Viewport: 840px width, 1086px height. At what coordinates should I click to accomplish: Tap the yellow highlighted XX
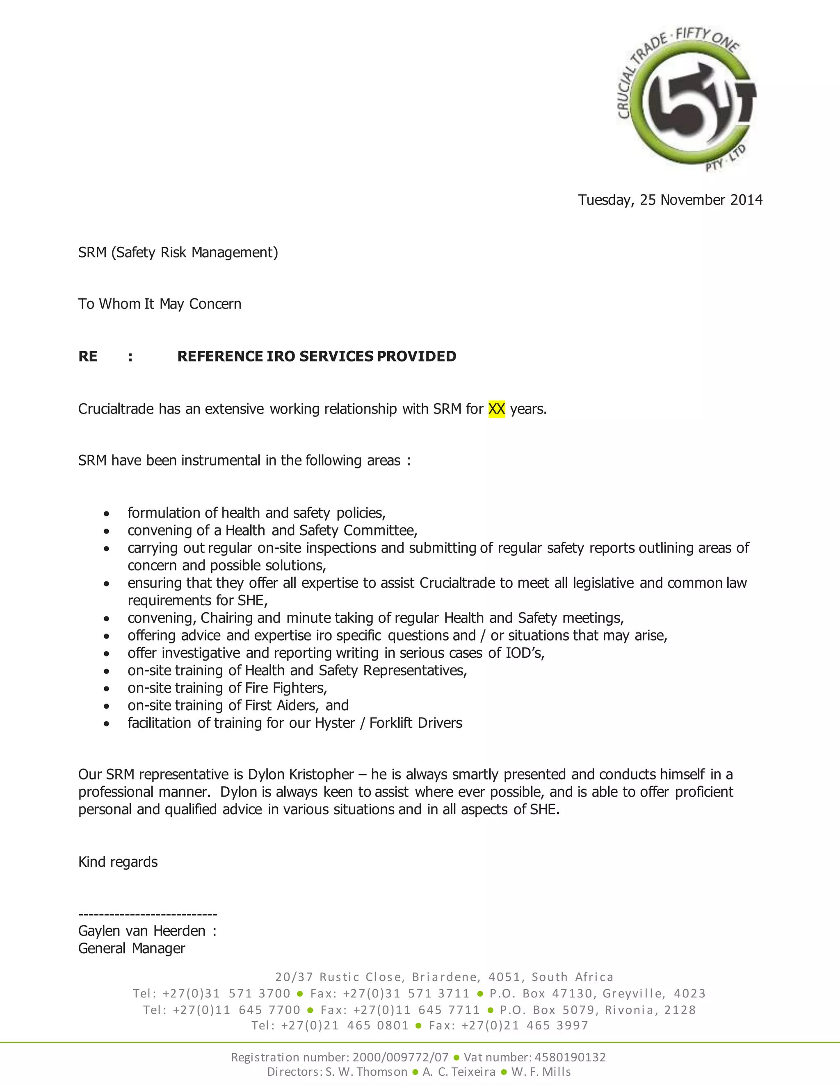pos(496,409)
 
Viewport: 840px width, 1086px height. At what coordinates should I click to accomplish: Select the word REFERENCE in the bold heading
pos(220,356)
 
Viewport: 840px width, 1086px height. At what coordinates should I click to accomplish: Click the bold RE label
pos(88,356)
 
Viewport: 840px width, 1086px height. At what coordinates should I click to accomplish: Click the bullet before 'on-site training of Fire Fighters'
pos(107,689)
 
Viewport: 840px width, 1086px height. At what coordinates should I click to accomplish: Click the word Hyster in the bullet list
pos(334,723)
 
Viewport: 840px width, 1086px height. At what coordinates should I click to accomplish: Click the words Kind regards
pos(118,862)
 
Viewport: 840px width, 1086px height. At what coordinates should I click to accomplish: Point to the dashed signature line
pos(148,914)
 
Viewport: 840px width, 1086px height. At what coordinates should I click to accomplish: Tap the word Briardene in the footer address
pos(446,977)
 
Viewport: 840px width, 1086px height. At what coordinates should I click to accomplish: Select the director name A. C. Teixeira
pos(459,1072)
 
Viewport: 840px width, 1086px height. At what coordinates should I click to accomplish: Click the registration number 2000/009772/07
pos(400,1057)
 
